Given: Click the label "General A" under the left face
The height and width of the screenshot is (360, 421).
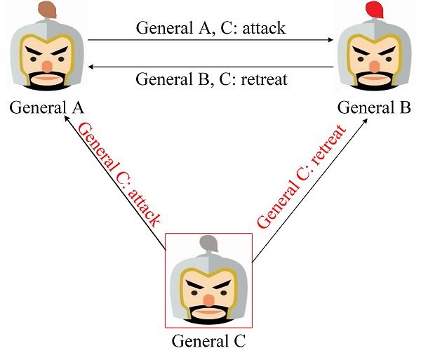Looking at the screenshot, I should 46,108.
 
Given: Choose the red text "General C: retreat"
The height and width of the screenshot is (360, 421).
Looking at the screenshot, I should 302,176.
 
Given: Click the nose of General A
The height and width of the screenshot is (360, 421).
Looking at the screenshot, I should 46,65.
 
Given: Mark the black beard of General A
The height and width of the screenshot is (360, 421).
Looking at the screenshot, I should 46,84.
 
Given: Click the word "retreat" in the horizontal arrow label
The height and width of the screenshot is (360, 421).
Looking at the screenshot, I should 264,79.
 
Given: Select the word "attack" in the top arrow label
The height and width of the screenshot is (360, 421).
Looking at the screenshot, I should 261,29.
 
